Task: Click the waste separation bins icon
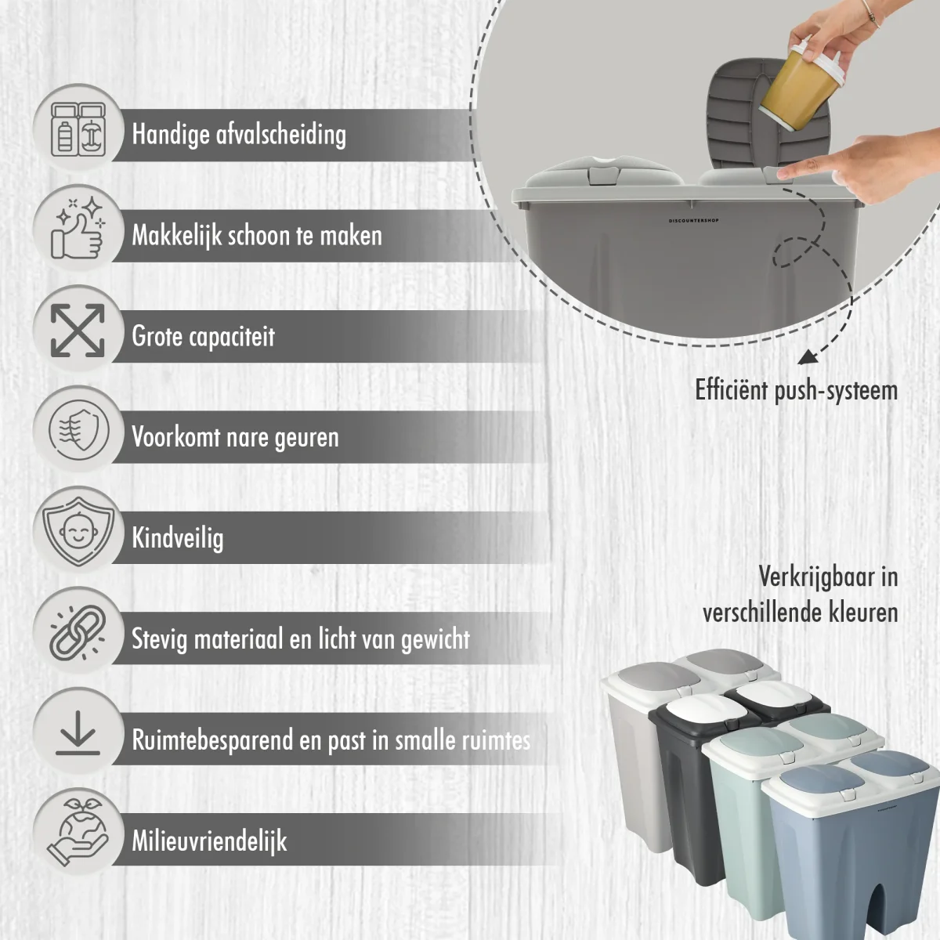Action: pyautogui.click(x=78, y=129)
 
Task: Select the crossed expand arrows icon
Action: pyautogui.click(x=78, y=331)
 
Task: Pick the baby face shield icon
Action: pyautogui.click(x=78, y=532)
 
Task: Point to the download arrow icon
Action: pyautogui.click(x=78, y=733)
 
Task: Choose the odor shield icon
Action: pyautogui.click(x=78, y=431)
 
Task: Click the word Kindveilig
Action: pyautogui.click(x=178, y=538)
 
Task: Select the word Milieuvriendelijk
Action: pyautogui.click(x=209, y=841)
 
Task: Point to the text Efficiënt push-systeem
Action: pyautogui.click(x=796, y=390)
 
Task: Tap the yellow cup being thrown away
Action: pyautogui.click(x=801, y=87)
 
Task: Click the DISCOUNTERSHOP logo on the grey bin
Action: pyautogui.click(x=693, y=220)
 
